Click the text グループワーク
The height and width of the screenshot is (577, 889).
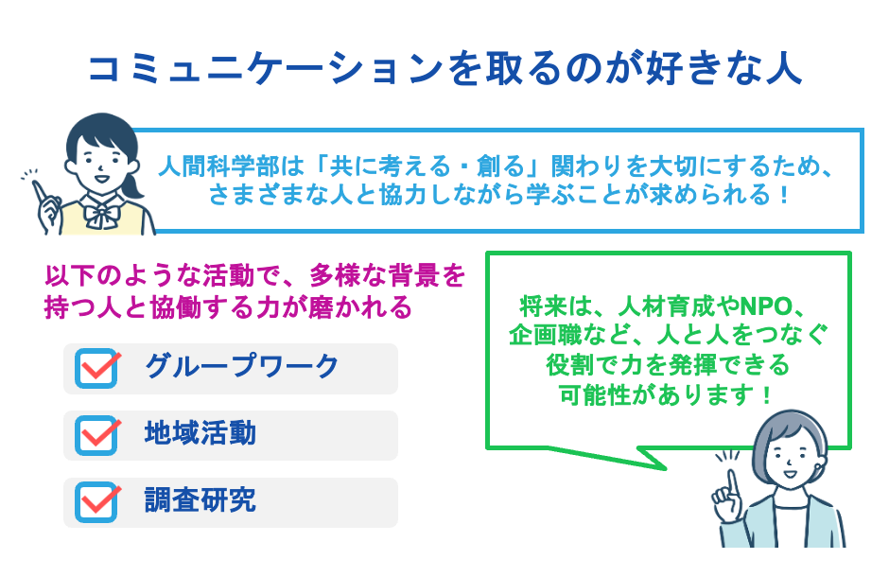241,367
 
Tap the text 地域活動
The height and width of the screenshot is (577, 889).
200,434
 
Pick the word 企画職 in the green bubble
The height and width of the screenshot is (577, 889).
542,336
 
